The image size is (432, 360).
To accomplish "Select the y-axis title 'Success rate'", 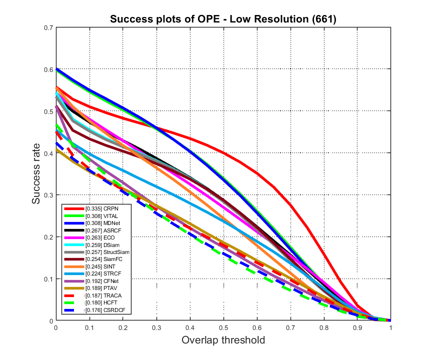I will click(x=36, y=174).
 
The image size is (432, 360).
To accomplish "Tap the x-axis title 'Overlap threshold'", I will click(x=223, y=340).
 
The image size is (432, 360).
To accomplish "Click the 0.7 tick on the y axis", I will click(x=49, y=27).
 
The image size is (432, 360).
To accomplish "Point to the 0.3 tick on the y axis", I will click(x=49, y=195).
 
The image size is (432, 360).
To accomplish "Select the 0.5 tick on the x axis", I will click(x=223, y=327).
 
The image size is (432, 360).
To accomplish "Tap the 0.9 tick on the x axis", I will click(x=357, y=327).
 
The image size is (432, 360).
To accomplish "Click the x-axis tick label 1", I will click(x=390, y=327).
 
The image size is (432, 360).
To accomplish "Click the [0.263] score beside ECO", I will click(x=94, y=237).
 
